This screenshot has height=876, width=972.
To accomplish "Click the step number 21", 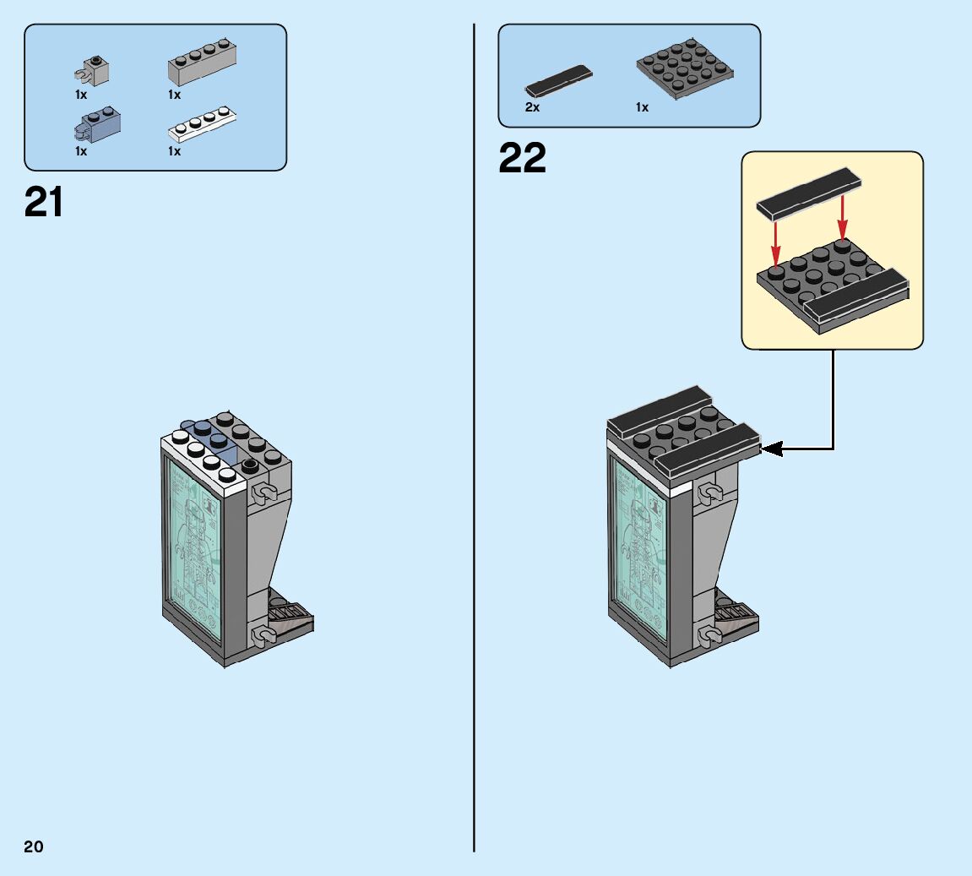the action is click(x=44, y=203).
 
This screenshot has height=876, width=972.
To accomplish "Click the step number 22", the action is click(x=522, y=158).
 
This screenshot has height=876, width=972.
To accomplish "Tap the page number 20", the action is click(x=34, y=846).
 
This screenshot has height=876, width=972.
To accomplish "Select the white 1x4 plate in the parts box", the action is click(x=201, y=124).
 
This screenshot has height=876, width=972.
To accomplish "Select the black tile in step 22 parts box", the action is click(x=557, y=80).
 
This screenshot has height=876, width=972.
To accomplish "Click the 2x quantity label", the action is click(x=532, y=107).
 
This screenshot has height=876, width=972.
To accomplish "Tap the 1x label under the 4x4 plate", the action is click(x=642, y=107).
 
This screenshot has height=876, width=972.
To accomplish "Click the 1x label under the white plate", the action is click(x=174, y=151).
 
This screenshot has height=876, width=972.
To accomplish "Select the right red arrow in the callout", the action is click(x=841, y=217).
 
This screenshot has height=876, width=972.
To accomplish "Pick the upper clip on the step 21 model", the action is click(x=263, y=492).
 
